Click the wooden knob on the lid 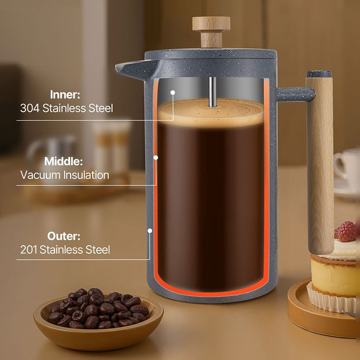click(x=211, y=31)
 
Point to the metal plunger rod click(x=212, y=92)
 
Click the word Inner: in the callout click(x=65, y=94)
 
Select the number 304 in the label click(x=30, y=108)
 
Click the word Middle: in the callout click(x=63, y=161)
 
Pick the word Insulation click(x=86, y=175)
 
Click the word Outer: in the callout click(x=64, y=236)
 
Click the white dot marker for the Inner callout click(x=173, y=93)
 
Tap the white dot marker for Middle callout click(x=156, y=157)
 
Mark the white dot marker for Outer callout click(x=150, y=231)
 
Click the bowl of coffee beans click(x=98, y=319)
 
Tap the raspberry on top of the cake click(x=345, y=231)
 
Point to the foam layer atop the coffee click(x=211, y=112)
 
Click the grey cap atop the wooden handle click(x=319, y=74)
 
